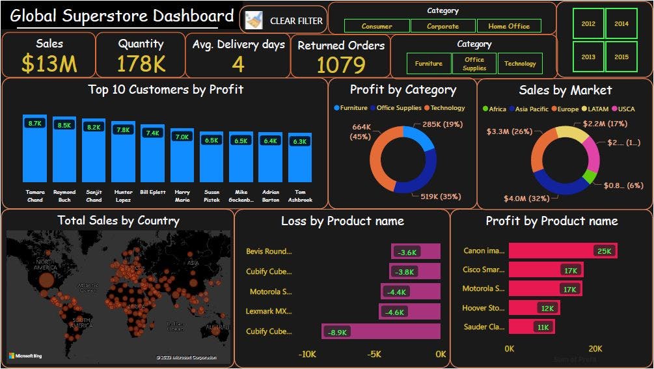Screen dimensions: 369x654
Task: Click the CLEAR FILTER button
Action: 284,21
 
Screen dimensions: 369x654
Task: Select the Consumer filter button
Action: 377,26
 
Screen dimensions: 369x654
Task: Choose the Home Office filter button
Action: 508,26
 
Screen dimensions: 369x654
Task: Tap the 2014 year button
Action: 621,23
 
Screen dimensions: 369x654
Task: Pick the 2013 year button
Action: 588,57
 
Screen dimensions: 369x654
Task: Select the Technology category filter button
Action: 520,63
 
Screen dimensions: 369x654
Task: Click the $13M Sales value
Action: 49,64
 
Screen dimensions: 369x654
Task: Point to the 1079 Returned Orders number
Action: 340,65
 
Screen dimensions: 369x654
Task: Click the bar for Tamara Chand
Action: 34,150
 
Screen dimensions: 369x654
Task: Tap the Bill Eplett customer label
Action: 152,193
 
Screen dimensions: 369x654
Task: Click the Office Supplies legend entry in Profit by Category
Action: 398,108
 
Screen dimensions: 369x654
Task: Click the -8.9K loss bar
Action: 381,331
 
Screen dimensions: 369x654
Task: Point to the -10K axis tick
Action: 307,354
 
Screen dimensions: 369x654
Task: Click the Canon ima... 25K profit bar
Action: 562,251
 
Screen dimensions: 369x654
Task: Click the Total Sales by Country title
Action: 118,221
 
